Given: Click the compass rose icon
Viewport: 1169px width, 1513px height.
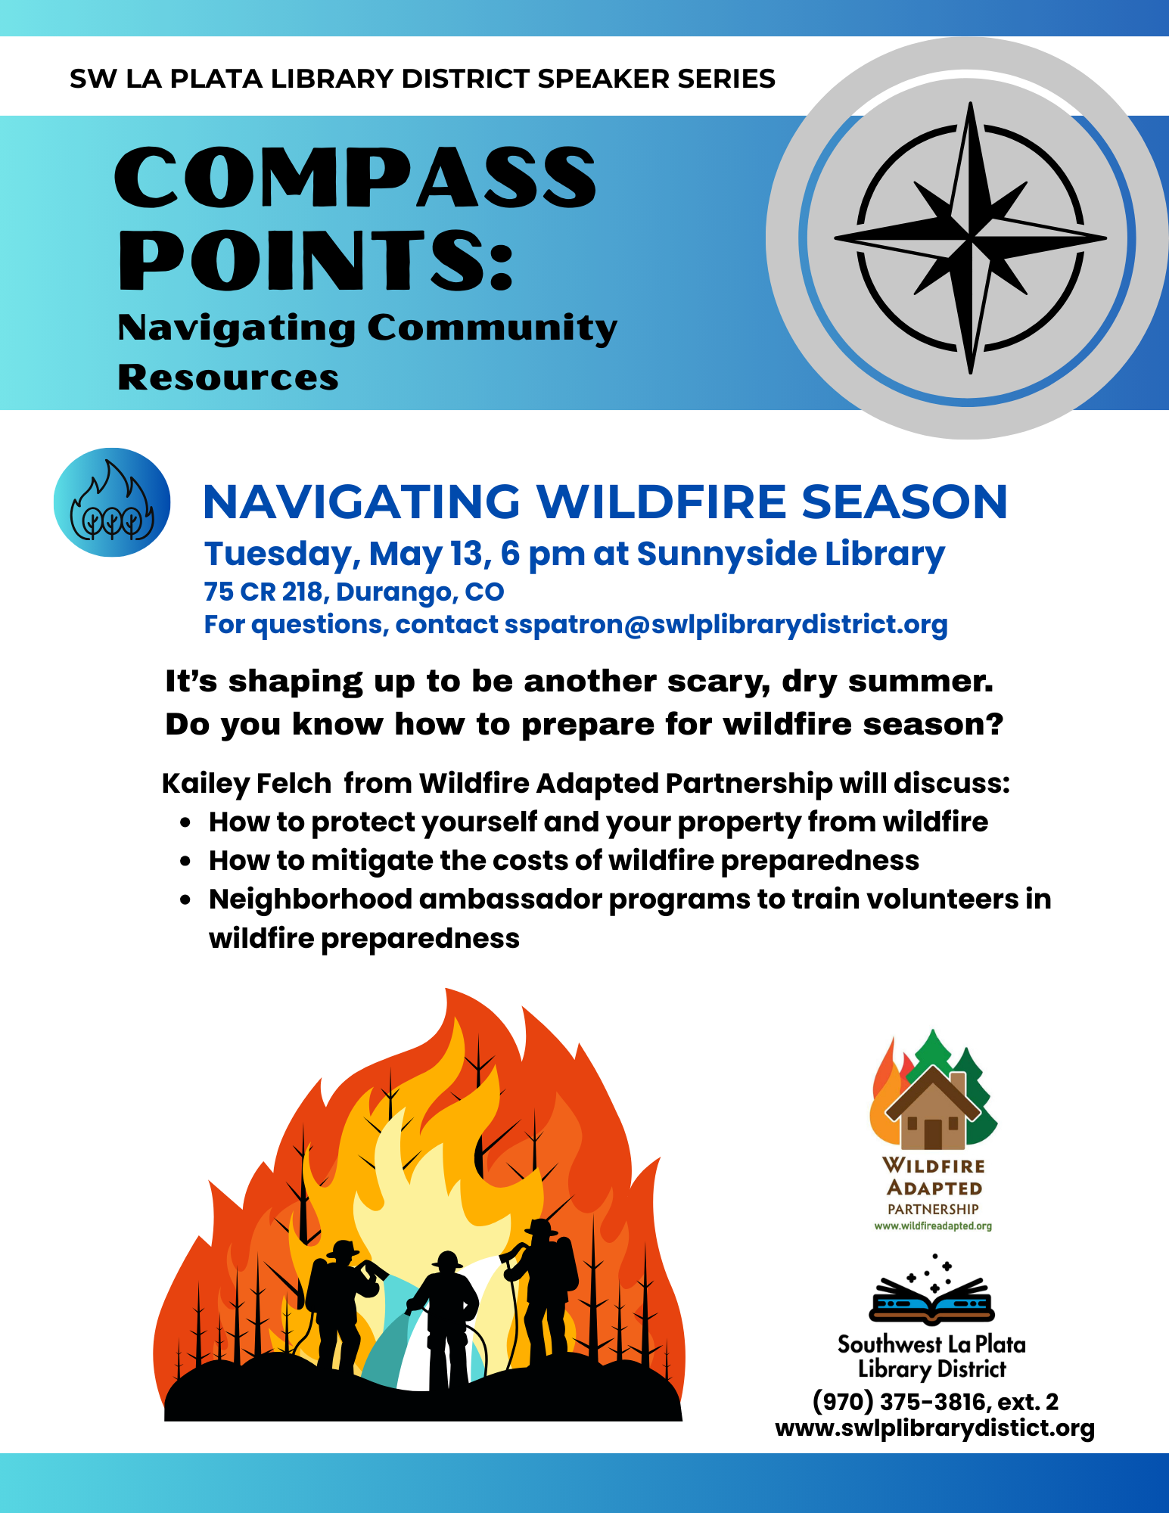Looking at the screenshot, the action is pos(970,238).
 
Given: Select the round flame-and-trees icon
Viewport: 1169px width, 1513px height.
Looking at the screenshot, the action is pos(112,502).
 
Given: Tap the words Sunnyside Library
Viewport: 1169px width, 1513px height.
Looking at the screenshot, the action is pos(791,555).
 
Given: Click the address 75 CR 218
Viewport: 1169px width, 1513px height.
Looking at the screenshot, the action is pos(265,592).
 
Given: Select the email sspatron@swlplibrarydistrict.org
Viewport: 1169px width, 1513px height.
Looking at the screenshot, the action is pos(726,625).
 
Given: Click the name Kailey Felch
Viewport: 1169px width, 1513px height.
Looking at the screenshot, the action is pos(247,784).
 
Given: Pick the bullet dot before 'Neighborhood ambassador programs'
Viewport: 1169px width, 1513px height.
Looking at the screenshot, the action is pos(185,900).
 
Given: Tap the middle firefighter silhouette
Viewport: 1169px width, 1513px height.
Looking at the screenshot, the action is pos(445,1321).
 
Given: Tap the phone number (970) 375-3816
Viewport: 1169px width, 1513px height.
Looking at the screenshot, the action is pos(900,1402).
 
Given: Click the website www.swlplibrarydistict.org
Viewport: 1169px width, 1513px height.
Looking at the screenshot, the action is pos(935,1428).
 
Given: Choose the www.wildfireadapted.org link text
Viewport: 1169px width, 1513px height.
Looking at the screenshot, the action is pos(933,1226).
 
